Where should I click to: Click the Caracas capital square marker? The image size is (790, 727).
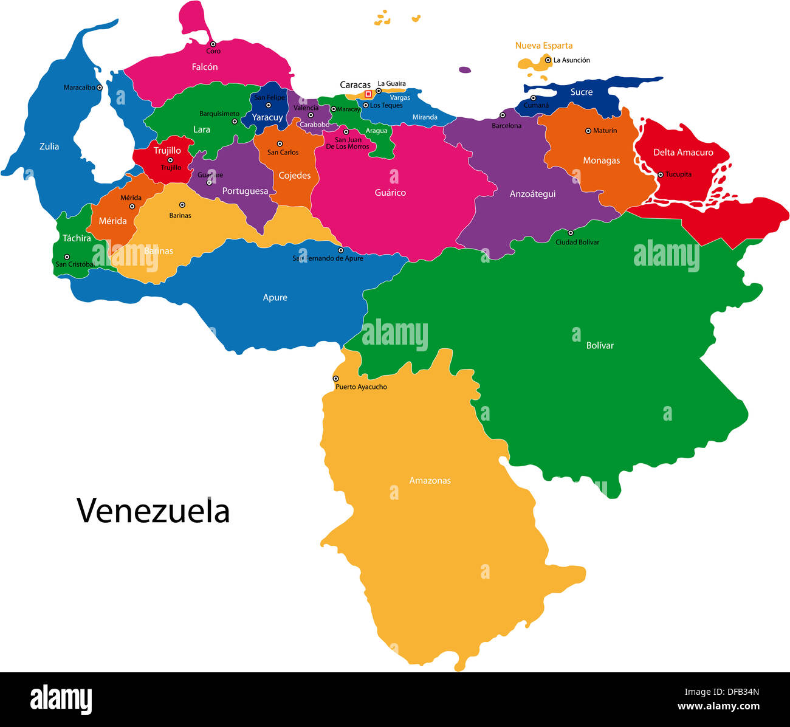(x=368, y=94)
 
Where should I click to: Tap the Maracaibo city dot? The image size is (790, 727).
(x=100, y=88)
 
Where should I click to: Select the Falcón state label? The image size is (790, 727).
(x=205, y=67)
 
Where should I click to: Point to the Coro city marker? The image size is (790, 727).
(x=213, y=44)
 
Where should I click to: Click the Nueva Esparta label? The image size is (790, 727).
(x=544, y=46)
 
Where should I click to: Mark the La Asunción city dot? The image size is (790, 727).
(x=548, y=60)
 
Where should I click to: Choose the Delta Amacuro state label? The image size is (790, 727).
(x=683, y=153)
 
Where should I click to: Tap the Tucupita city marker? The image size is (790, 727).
(x=660, y=174)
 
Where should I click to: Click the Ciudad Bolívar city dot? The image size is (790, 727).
(x=570, y=233)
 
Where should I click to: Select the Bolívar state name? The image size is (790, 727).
(x=600, y=345)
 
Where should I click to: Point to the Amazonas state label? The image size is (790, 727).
(x=430, y=481)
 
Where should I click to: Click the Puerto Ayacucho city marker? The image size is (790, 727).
(x=335, y=379)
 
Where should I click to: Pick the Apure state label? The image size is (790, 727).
(x=275, y=298)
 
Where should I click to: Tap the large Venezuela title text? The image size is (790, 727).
(x=153, y=511)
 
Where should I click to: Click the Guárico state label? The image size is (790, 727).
(x=390, y=193)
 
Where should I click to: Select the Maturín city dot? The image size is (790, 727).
(x=588, y=131)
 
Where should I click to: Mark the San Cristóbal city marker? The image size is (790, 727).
(x=67, y=257)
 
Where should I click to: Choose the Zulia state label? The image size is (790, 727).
(x=49, y=146)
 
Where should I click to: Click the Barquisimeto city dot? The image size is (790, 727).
(x=235, y=122)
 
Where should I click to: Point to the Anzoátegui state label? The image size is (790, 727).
(x=532, y=194)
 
